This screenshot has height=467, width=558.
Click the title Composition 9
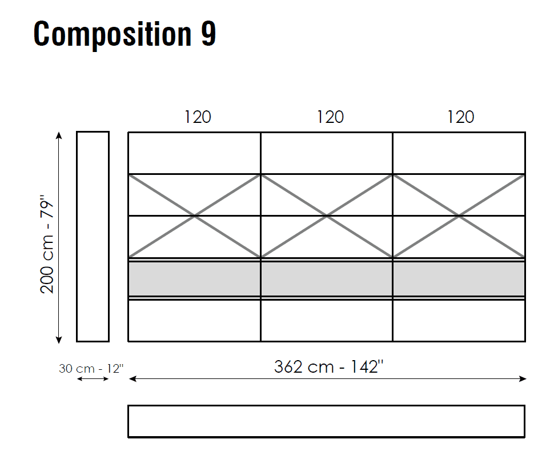(x=125, y=34)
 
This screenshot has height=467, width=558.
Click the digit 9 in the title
(x=208, y=34)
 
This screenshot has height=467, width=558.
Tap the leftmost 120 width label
(x=198, y=117)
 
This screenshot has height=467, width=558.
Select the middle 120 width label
(x=330, y=117)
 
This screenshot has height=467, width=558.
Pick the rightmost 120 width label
(x=461, y=117)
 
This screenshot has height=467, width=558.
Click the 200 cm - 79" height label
(x=47, y=244)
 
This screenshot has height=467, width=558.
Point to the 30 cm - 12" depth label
(x=91, y=368)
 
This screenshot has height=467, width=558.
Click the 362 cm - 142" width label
(x=328, y=366)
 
